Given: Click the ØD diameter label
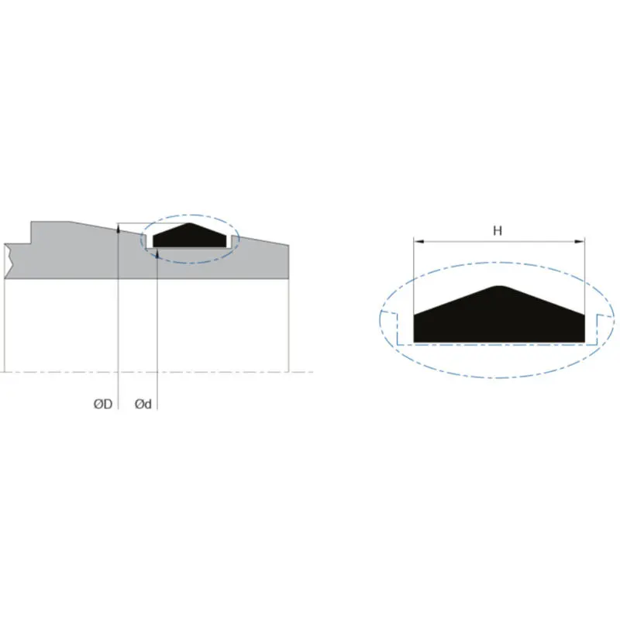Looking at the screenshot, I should pyautogui.click(x=102, y=404).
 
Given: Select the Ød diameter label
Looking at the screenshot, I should pyautogui.click(x=143, y=404).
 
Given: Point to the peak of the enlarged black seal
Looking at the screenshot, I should pyautogui.click(x=499, y=288).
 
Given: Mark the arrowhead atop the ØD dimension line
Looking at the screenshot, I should pyautogui.click(x=117, y=228).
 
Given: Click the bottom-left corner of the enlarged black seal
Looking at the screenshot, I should pyautogui.click(x=415, y=342).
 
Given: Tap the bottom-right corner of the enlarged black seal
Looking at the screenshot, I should pyautogui.click(x=584, y=342).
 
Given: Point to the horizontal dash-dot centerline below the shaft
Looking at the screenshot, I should pyautogui.click(x=232, y=372).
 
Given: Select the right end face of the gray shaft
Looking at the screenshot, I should pyautogui.click(x=289, y=261).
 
